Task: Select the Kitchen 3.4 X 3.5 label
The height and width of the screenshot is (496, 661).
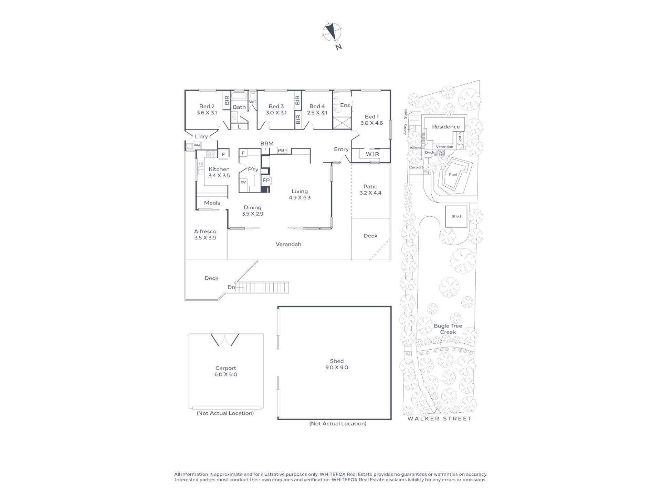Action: point(219,172)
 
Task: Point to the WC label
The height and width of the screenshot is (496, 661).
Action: point(253,102)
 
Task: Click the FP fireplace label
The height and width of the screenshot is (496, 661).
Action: point(266,180)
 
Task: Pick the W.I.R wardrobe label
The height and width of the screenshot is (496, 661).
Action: point(372,154)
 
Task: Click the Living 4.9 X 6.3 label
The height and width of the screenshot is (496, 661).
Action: point(300,194)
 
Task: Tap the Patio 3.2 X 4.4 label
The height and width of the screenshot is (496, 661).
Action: point(370,190)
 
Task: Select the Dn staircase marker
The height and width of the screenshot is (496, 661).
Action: point(231,287)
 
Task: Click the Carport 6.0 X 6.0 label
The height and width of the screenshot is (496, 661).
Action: point(226,371)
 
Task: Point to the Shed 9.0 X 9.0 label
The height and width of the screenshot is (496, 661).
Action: point(337,364)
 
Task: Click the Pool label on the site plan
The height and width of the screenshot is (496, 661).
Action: point(453,175)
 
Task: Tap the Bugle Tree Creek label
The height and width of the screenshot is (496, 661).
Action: point(448,329)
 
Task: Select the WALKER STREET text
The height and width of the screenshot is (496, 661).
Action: point(440,418)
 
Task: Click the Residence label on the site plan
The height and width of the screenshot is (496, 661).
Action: point(446,127)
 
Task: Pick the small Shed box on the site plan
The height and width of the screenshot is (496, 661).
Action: point(456,216)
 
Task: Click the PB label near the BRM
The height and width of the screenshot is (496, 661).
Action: point(281,151)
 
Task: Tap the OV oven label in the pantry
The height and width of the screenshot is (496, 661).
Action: point(243,182)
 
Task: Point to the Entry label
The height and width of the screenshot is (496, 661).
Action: point(341,149)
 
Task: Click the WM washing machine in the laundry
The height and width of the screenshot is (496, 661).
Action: point(197,146)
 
